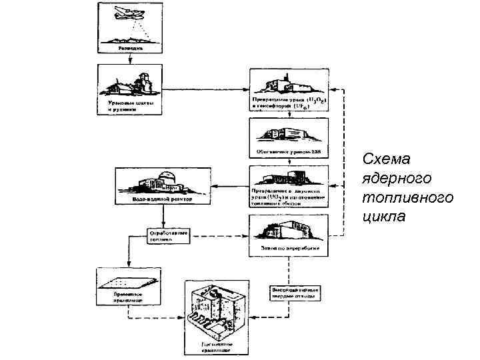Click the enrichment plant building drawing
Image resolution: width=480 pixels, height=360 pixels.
tap(288, 131)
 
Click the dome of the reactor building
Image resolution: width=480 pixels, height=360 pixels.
tap(169, 177)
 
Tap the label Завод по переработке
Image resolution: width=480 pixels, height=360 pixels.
tap(289, 246)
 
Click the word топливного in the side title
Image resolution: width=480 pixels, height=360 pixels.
tap(407, 198)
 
